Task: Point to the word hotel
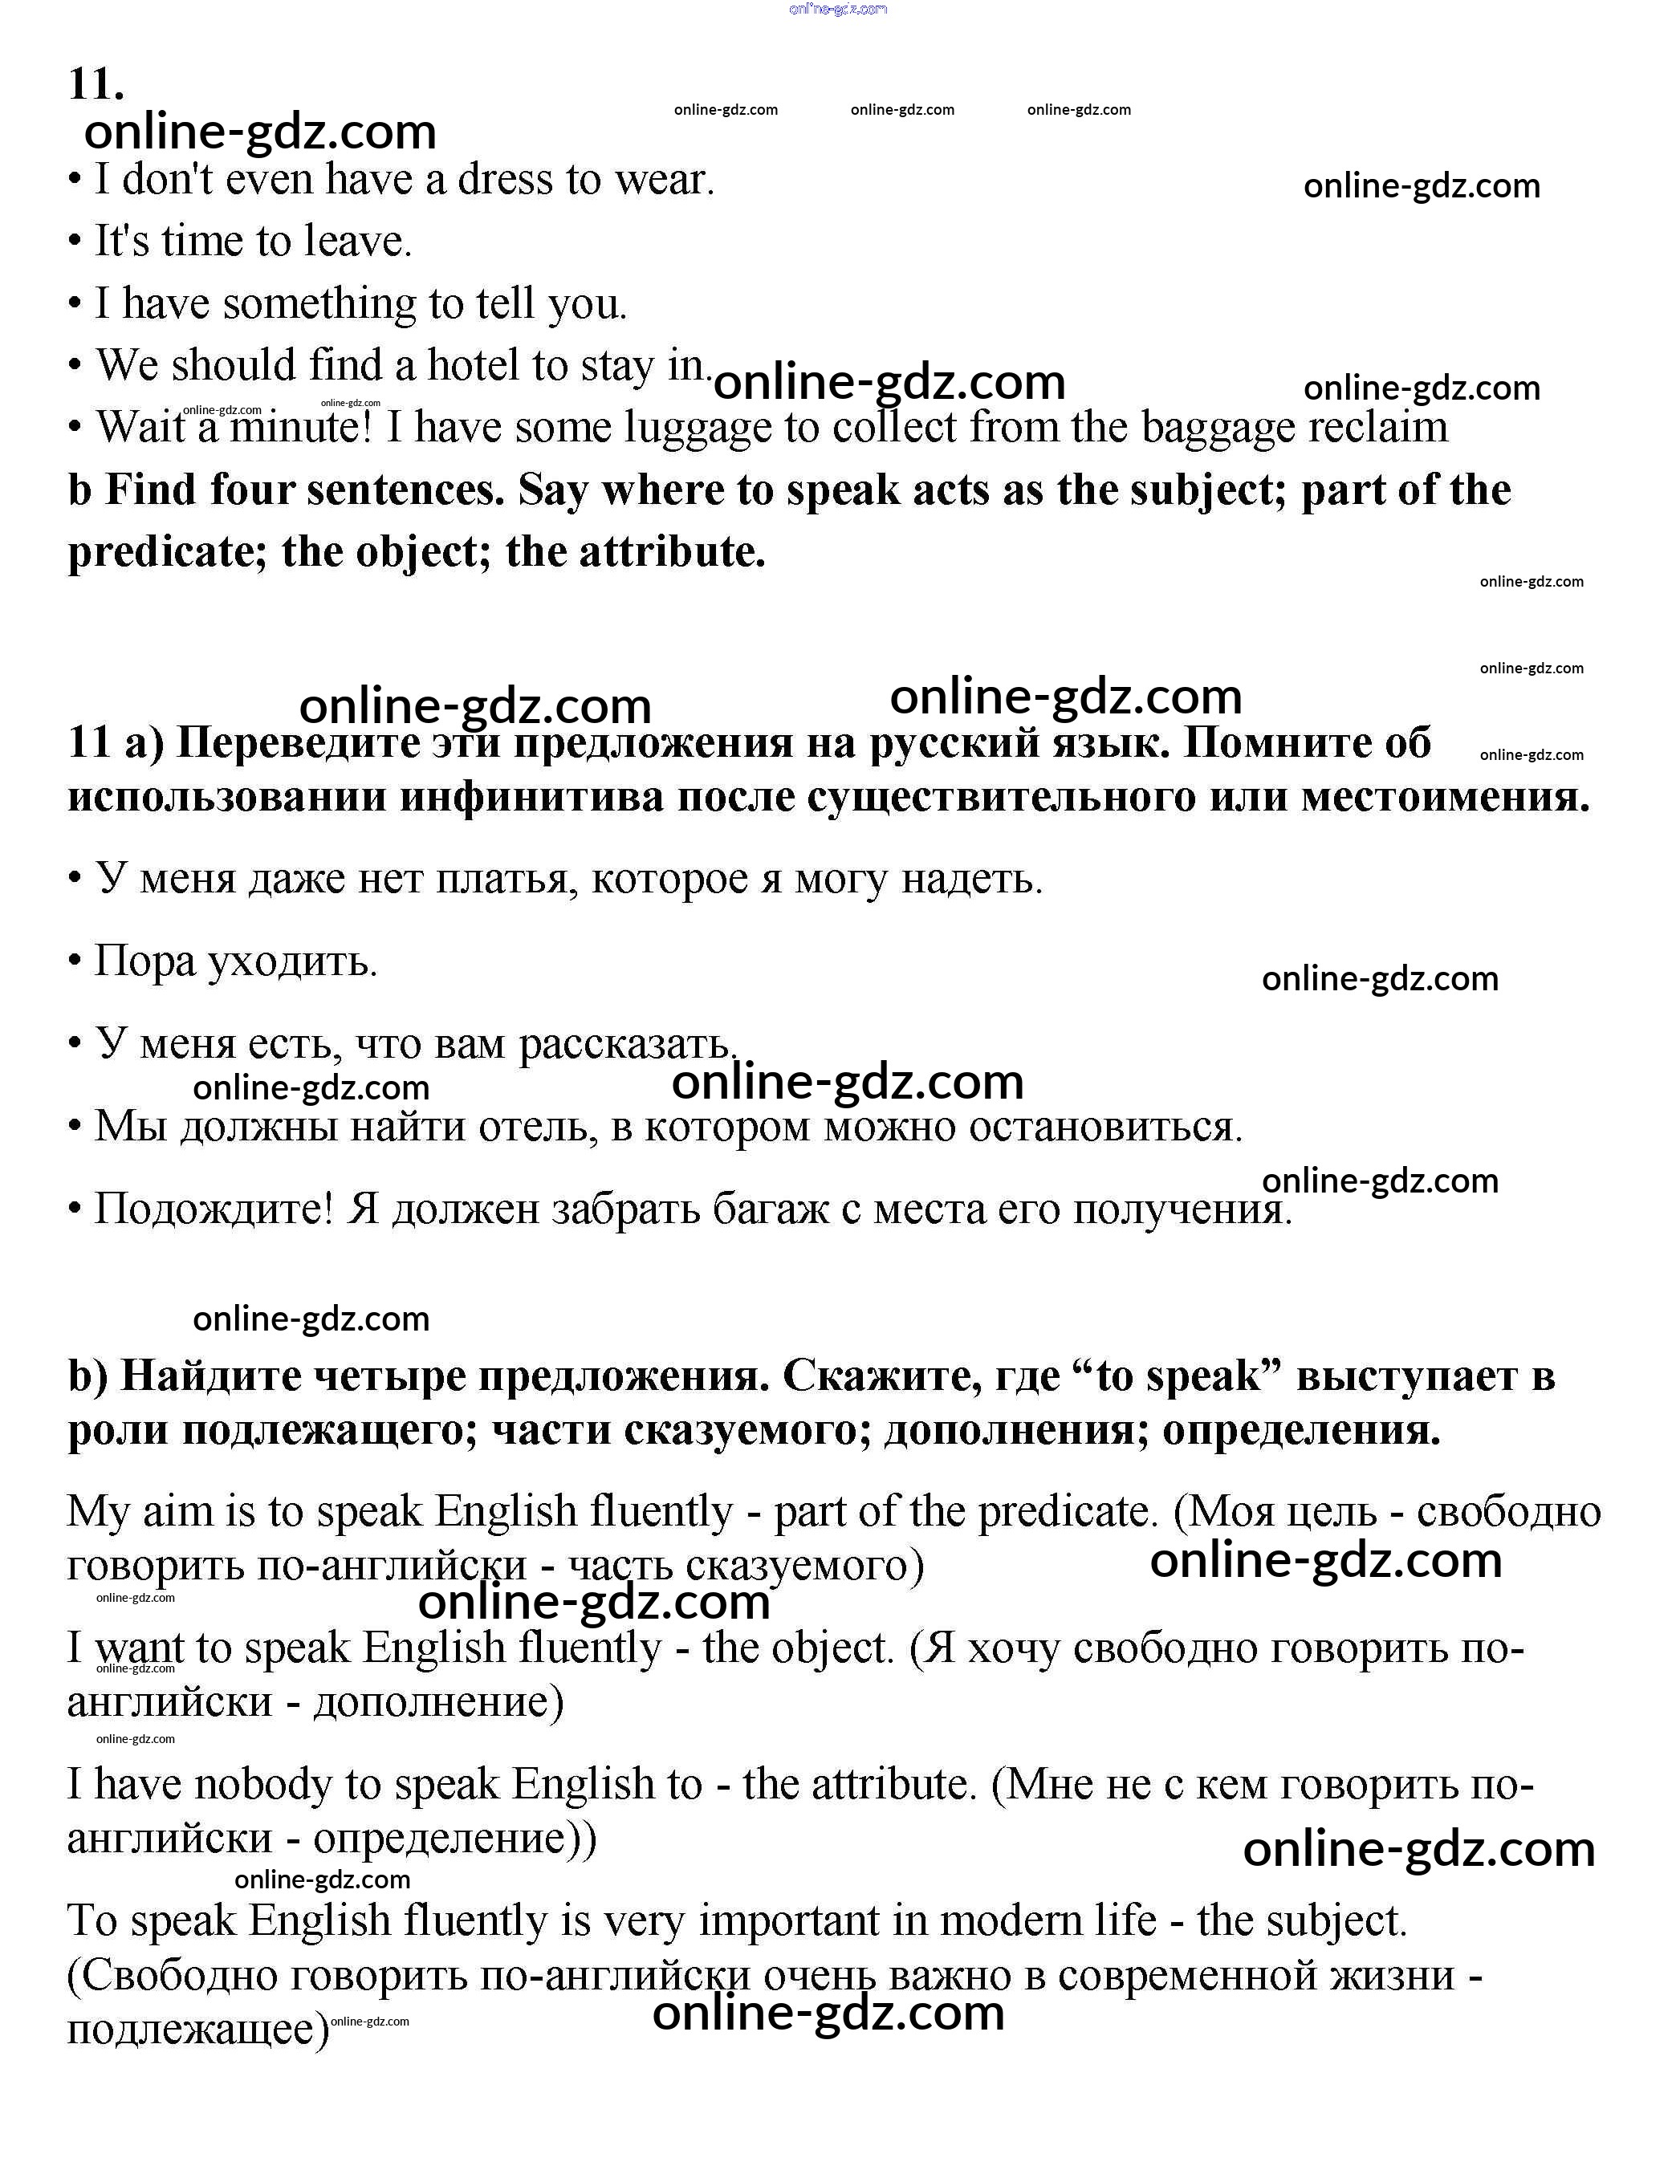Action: pos(475,365)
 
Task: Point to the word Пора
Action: pos(144,961)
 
